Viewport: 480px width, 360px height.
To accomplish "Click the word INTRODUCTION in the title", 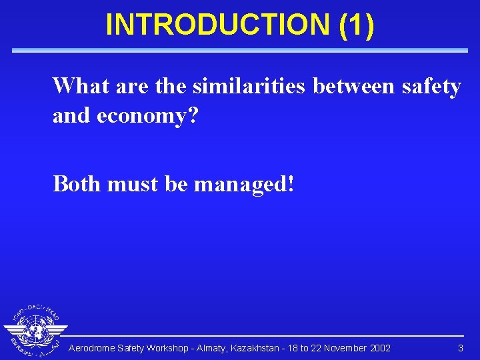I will point(217,25).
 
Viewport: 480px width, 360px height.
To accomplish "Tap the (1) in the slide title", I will point(357,25).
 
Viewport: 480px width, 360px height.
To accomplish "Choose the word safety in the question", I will point(431,86).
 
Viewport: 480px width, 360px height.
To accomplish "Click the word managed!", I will point(243,183).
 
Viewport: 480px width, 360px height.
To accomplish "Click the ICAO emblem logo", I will point(35,330).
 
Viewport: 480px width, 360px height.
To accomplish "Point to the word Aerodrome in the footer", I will point(91,349).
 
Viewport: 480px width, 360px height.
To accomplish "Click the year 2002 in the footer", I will point(379,349).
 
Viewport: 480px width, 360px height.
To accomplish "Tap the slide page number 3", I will point(460,349).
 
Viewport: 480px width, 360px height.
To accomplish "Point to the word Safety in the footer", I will point(131,349).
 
